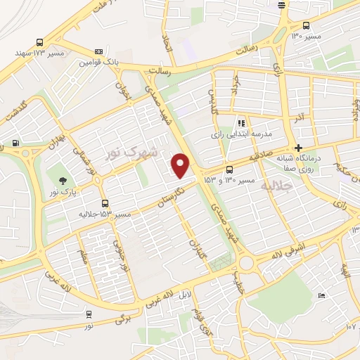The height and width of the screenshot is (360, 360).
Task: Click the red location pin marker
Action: click(x=181, y=165)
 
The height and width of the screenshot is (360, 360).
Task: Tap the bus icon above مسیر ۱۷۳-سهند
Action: click(x=39, y=42)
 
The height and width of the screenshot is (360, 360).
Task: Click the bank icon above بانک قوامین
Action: click(x=98, y=51)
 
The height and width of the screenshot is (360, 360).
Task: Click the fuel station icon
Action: click(x=15, y=143)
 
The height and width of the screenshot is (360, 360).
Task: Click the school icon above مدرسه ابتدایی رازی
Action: click(x=241, y=122)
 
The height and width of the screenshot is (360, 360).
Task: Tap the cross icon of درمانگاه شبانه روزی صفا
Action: click(x=300, y=148)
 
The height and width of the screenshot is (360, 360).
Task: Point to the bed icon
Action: click(x=321, y=296)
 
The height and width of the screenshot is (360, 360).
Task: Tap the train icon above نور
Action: click(x=89, y=314)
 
